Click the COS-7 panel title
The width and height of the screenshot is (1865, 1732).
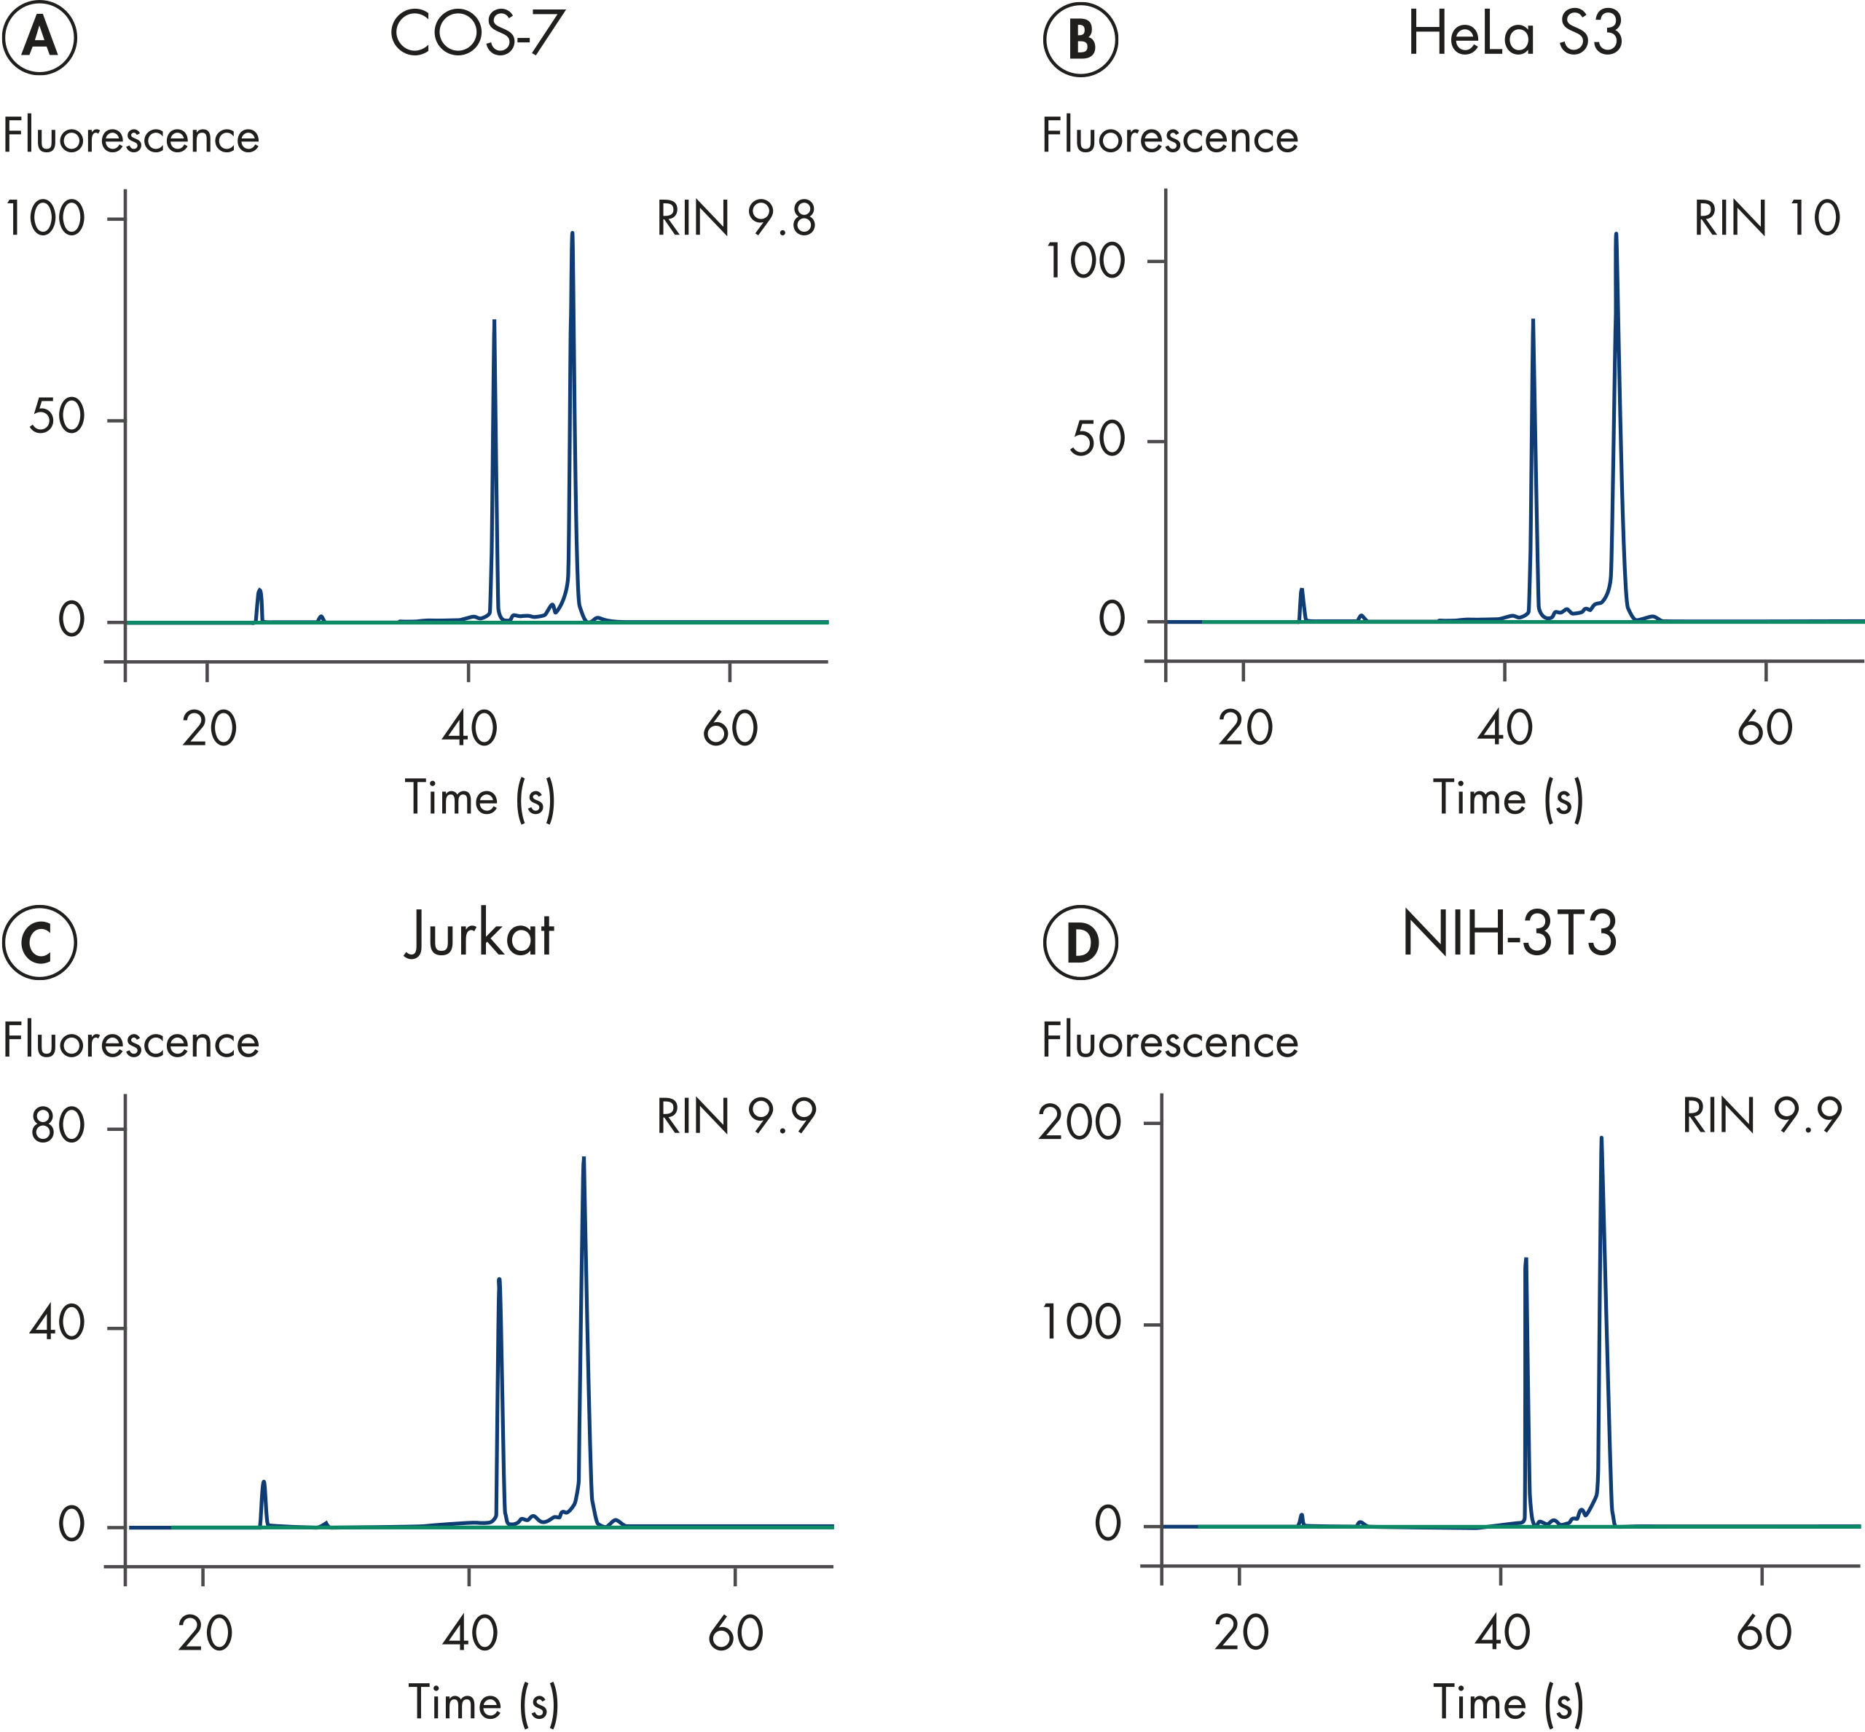tap(477, 35)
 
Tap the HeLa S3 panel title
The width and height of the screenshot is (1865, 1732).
tap(1515, 35)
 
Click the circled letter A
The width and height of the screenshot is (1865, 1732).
tap(39, 39)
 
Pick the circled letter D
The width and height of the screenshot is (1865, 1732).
tap(1080, 942)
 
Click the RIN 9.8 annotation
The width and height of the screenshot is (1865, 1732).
tap(736, 219)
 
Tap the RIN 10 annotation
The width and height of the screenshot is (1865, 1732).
tap(1767, 219)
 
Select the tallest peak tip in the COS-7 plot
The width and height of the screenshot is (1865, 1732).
tap(572, 233)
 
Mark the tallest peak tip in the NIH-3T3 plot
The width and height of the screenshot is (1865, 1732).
tap(1601, 1138)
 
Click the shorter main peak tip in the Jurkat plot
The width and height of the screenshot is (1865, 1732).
tap(498, 1278)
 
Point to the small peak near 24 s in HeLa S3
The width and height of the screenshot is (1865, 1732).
tap(1301, 589)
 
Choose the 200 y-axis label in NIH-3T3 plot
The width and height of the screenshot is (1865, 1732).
tap(1080, 1122)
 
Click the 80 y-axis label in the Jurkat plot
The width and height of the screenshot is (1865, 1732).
tap(57, 1126)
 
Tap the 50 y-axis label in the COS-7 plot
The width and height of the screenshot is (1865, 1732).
tap(56, 418)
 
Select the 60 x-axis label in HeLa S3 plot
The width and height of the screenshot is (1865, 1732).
tap(1764, 728)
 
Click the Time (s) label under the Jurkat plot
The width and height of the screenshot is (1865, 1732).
tap(484, 1702)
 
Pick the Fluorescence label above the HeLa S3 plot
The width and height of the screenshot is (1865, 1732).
tap(1169, 137)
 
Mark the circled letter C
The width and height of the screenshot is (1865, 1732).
tap(39, 942)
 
